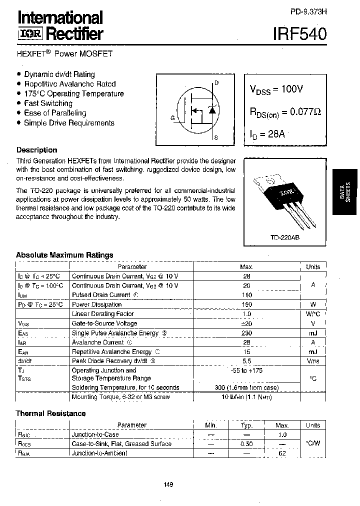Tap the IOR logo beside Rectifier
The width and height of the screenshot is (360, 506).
point(31,34)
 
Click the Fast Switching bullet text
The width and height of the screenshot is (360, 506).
point(48,103)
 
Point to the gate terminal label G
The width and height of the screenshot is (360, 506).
point(172,118)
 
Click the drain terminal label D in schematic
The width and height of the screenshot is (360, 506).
point(216,83)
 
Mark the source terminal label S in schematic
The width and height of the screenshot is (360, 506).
point(216,136)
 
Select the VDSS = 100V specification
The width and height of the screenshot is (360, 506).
point(276,89)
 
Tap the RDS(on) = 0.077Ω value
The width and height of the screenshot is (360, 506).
point(285,112)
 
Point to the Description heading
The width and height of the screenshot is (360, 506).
point(36,150)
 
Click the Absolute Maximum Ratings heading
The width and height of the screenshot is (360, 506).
point(64,255)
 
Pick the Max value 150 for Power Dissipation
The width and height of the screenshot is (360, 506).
point(246,304)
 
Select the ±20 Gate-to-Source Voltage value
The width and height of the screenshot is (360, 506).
point(246,323)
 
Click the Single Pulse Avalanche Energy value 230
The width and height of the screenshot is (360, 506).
point(246,333)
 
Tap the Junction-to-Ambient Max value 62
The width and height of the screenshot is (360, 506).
point(282,453)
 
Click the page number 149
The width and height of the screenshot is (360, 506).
point(168,484)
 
